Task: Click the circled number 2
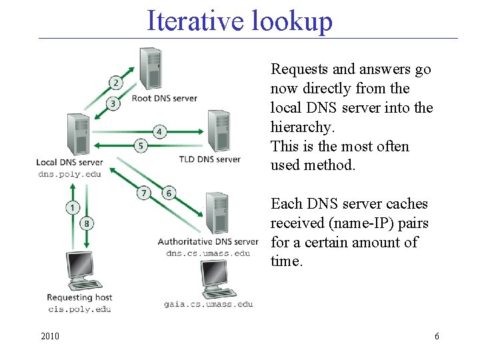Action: (x=115, y=83)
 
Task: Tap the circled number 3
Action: (x=114, y=103)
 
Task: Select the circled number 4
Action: (x=159, y=131)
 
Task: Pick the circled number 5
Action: (x=141, y=145)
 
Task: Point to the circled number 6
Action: (x=169, y=193)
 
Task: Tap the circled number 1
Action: (x=72, y=208)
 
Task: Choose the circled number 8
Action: (x=86, y=223)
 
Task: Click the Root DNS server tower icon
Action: (x=150, y=68)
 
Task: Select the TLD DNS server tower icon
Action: (x=218, y=131)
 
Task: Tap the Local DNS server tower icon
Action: (x=79, y=134)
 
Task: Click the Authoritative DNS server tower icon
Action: (x=217, y=212)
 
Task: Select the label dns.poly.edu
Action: (x=69, y=175)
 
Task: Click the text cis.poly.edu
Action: (x=79, y=309)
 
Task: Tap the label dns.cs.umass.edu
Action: (x=208, y=253)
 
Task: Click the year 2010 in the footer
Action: (x=49, y=336)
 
